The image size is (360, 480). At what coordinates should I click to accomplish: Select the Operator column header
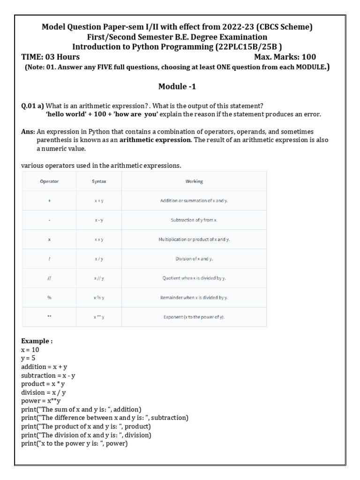point(49,181)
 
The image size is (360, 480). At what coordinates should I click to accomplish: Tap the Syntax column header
point(99,181)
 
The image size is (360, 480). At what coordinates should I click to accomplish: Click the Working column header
point(194,181)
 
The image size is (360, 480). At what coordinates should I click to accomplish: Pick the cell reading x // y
point(99,278)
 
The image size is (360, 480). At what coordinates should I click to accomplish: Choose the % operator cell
point(49,297)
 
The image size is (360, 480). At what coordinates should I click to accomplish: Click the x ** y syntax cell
point(99,317)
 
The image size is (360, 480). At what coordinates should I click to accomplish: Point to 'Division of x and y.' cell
point(194,258)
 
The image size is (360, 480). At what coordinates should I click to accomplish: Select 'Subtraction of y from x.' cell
point(194,220)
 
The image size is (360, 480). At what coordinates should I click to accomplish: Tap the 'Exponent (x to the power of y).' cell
point(194,317)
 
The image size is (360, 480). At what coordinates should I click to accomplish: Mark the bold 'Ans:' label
point(28,132)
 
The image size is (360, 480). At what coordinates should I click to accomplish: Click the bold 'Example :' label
point(37,341)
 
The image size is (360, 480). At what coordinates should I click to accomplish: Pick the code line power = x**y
point(41,401)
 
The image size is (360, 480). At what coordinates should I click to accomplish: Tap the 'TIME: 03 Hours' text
point(51,57)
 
